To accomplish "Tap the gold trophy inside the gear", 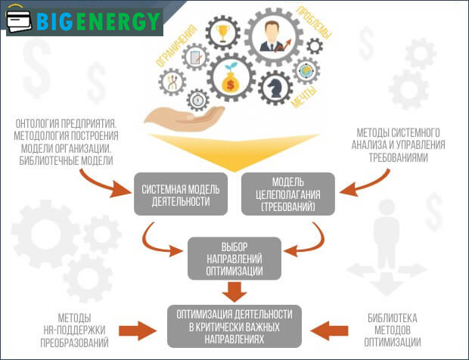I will [x=222, y=33].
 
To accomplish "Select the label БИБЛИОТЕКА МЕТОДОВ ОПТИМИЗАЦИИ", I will [x=393, y=331].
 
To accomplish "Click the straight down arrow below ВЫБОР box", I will [x=235, y=292].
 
